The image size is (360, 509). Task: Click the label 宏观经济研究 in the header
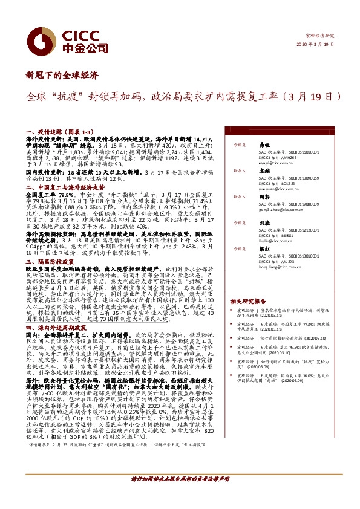coord(320,36)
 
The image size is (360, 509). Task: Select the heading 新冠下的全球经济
coord(62,76)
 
